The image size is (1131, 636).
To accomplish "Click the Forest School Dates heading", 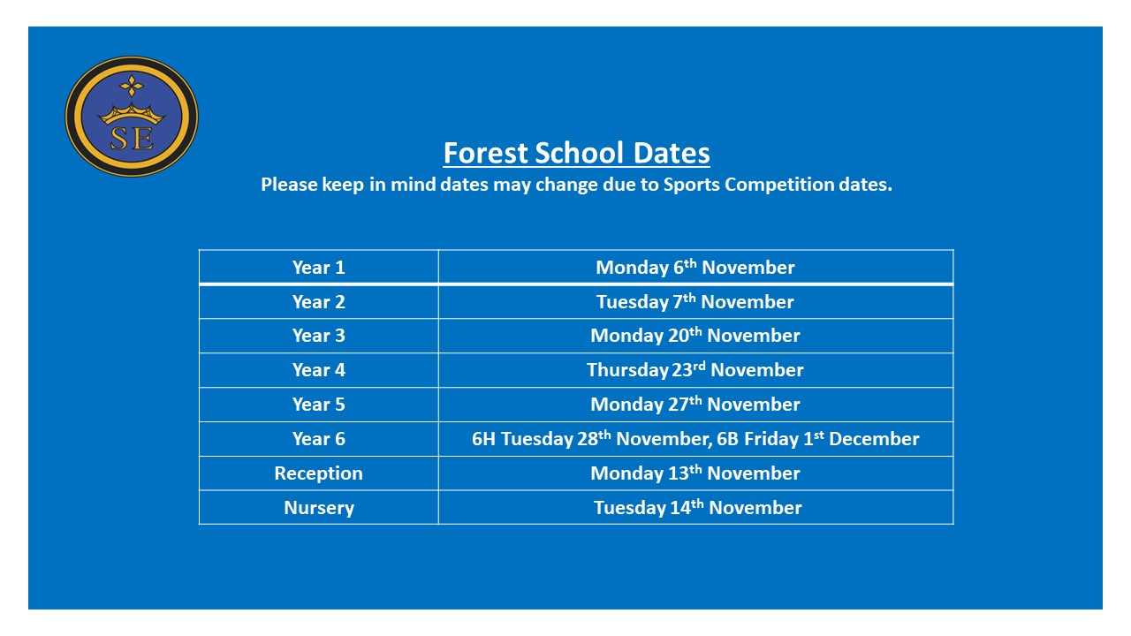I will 576,153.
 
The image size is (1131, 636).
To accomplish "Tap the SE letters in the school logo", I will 131,139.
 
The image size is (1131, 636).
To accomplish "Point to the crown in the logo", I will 131,113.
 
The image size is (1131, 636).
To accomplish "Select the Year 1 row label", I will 318,268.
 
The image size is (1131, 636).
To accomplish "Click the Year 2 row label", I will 318,302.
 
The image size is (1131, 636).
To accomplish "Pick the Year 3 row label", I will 318,336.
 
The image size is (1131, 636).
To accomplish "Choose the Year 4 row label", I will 318,370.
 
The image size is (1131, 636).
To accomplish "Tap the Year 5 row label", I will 318,405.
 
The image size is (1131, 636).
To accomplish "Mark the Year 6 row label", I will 318,439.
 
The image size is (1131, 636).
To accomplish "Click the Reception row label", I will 318,473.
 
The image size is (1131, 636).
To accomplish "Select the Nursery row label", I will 318,508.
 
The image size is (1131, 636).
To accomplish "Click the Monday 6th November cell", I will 695,268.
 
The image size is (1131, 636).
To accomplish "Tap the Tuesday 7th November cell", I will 695,302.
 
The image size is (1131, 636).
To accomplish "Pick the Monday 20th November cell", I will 695,336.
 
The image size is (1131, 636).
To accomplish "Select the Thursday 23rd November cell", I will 695,370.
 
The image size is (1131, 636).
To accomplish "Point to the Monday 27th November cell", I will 695,405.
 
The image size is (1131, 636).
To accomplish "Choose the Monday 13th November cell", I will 695,473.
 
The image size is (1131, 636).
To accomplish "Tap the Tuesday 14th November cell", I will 697,508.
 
